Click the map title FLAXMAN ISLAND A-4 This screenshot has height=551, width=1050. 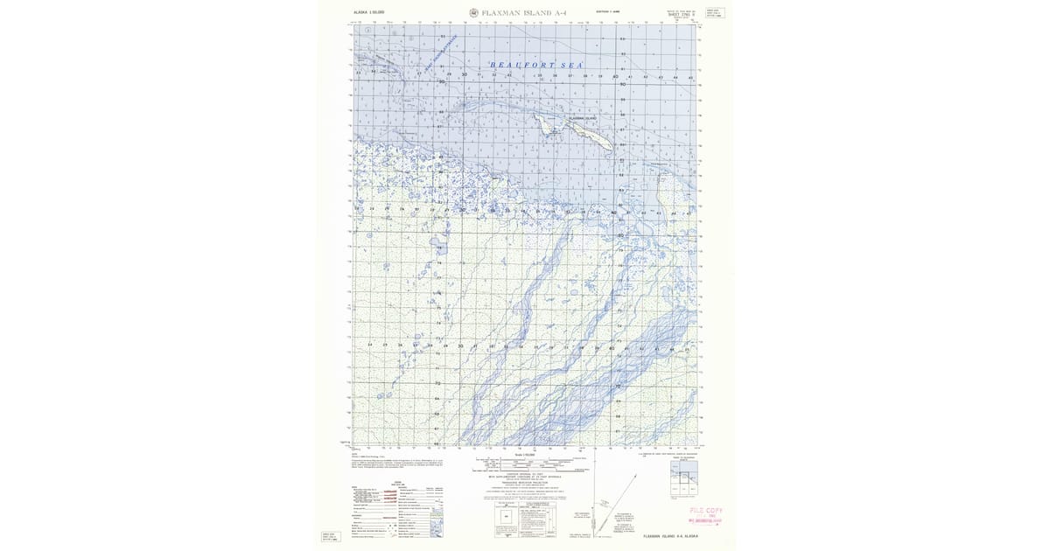point(517,13)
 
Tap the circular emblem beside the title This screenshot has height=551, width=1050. point(473,13)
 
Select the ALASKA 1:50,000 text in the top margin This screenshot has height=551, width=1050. point(368,12)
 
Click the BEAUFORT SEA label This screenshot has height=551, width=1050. point(536,66)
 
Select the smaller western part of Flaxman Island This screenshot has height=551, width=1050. point(547,128)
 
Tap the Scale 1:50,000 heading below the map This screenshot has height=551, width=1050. point(524,455)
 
